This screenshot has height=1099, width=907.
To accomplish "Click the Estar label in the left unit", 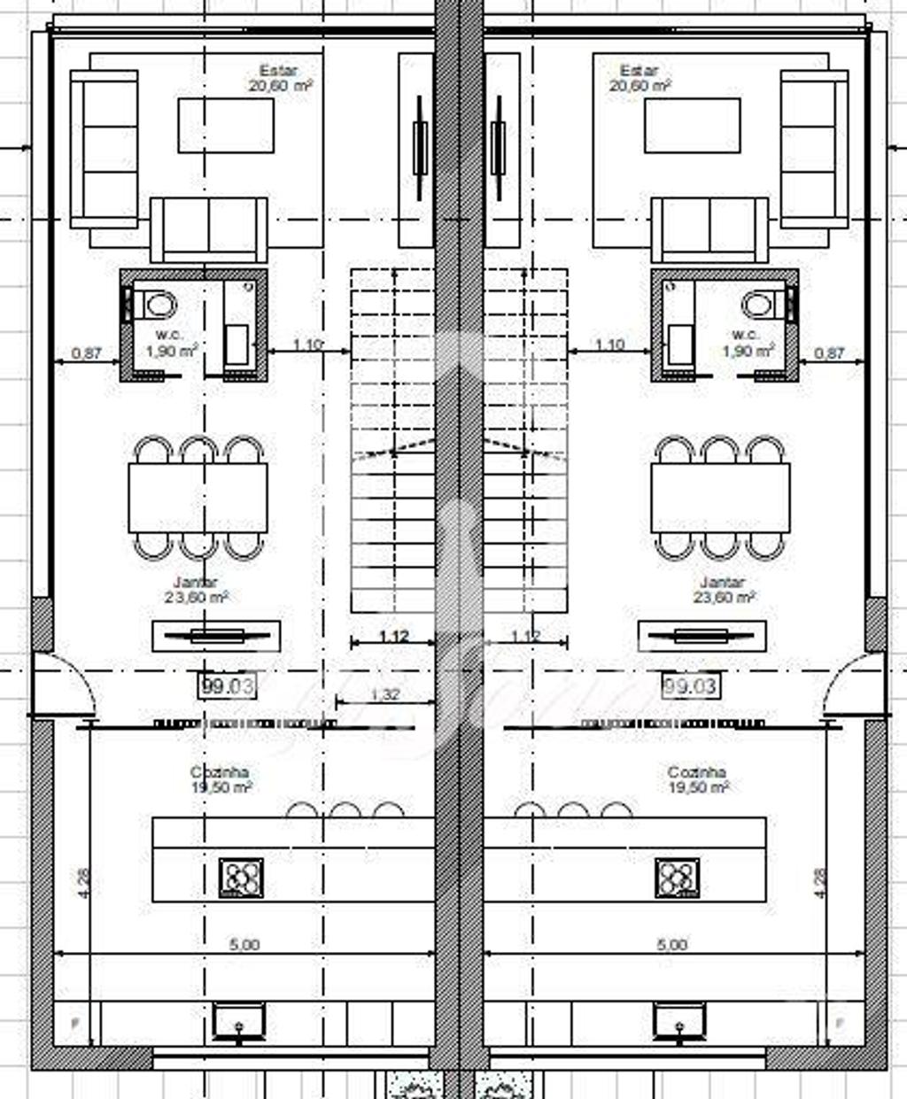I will [278, 71].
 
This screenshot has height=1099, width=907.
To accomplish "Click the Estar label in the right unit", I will [639, 71].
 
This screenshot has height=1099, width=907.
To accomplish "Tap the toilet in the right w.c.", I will [760, 306].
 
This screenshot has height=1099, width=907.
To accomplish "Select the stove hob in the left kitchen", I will [241, 878].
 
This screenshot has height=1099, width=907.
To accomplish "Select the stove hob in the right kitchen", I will [678, 878].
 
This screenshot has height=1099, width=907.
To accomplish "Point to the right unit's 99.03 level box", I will [691, 685].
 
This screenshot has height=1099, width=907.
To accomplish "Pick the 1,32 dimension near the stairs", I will [384, 694].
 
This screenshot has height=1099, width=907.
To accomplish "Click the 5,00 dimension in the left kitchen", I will [244, 945].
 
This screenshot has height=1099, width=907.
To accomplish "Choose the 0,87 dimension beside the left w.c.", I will [86, 352].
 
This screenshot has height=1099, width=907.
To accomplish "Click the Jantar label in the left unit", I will [197, 583].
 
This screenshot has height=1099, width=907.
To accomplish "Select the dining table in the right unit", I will [720, 497].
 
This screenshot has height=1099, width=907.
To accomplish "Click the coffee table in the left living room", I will [226, 125].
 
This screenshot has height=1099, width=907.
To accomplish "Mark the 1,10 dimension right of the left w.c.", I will [306, 344].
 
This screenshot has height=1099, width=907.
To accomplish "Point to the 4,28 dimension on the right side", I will [820, 883].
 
